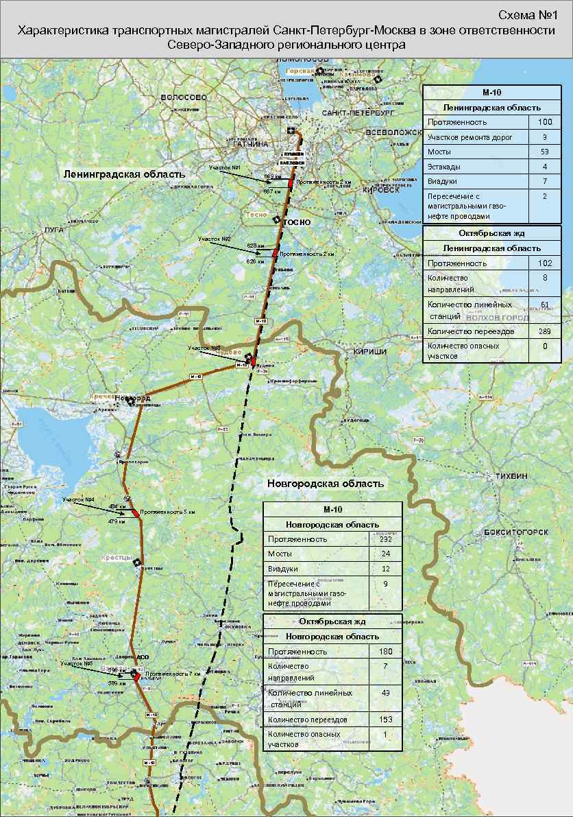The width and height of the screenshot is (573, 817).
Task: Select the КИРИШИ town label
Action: tap(370, 351)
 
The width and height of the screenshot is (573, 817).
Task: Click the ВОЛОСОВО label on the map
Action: tap(183, 97)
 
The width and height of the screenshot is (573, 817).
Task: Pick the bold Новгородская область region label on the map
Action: tap(325, 484)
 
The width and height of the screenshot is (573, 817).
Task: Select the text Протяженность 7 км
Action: tap(173, 674)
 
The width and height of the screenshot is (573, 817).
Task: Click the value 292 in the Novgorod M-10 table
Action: tap(386, 539)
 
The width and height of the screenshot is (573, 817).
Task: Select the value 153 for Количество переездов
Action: tap(386, 720)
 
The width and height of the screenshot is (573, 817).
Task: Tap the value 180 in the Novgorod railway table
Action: tap(386, 650)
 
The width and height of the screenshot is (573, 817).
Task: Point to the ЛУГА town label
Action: tap(53, 230)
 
